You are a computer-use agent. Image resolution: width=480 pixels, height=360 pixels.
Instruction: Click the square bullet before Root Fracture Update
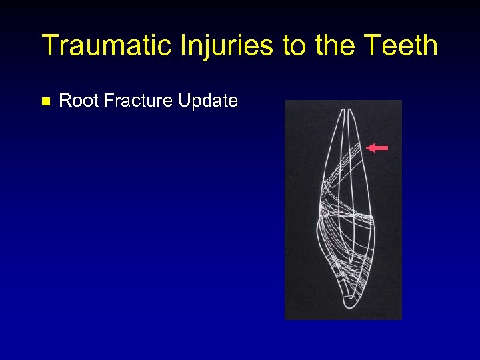(45, 102)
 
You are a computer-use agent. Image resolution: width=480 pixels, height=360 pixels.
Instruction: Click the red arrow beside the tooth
(378, 148)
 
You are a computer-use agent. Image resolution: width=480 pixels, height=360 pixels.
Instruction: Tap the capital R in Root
(65, 101)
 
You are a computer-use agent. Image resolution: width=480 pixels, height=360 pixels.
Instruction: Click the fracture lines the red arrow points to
(357, 149)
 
